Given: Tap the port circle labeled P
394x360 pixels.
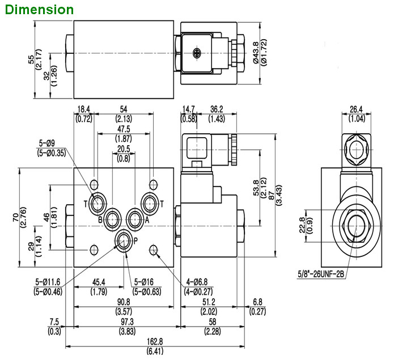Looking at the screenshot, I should click(x=123, y=241).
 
